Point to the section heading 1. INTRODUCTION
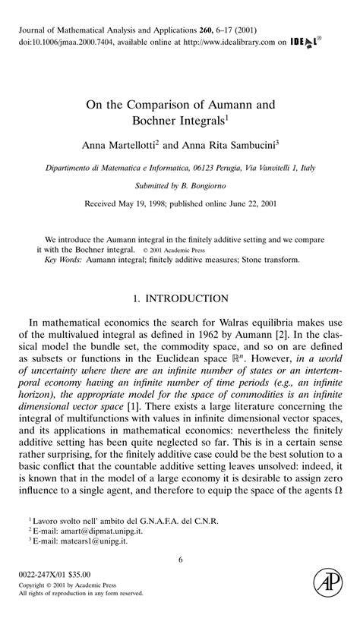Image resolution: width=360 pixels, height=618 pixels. [x=181, y=298]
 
